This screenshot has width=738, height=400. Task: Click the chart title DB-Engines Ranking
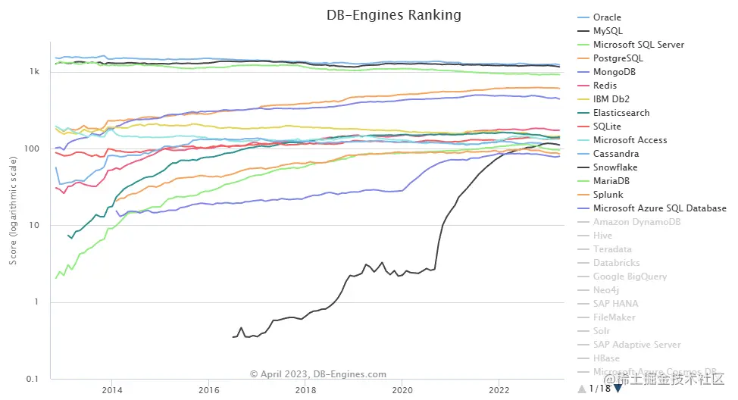(x=393, y=15)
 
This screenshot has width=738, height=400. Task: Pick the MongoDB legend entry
(x=614, y=72)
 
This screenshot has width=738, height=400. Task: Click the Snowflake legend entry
(x=615, y=167)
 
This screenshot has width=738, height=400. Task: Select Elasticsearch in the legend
(x=621, y=113)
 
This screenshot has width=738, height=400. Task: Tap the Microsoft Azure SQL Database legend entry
(x=649, y=208)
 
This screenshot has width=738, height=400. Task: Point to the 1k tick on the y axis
(x=34, y=72)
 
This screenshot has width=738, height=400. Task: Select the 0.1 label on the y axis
(x=33, y=380)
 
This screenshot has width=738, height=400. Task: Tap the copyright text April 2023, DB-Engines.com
(x=318, y=374)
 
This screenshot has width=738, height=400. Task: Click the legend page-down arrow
(x=618, y=389)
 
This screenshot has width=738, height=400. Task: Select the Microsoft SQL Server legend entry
(x=638, y=45)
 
